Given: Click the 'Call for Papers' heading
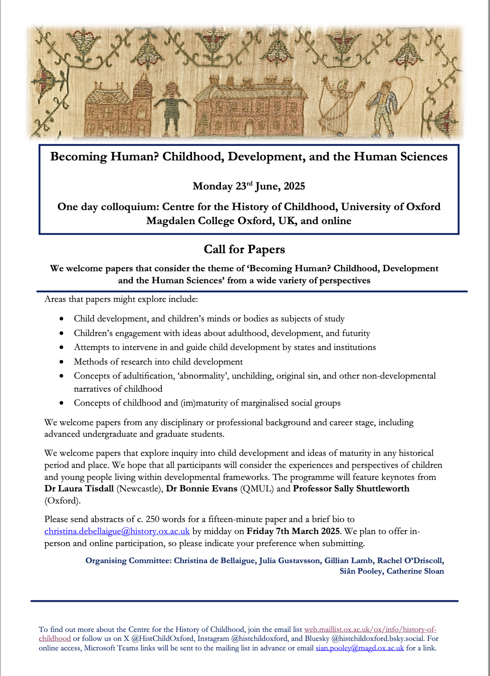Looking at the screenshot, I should point(244,249).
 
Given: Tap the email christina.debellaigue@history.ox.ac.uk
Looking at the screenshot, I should point(117,532).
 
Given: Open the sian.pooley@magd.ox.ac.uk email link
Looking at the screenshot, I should point(359,648).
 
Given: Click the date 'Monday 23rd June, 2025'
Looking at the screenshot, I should point(249,186).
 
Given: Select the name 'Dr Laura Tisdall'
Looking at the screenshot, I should point(79,489).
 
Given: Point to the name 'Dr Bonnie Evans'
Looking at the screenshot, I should point(201,489).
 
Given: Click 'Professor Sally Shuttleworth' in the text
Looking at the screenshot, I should point(351,489).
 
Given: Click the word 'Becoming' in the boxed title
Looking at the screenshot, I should point(79,156).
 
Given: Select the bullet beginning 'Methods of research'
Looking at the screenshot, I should point(158,362).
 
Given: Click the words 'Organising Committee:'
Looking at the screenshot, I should point(128,561).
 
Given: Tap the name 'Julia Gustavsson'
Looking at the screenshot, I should point(289,561).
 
